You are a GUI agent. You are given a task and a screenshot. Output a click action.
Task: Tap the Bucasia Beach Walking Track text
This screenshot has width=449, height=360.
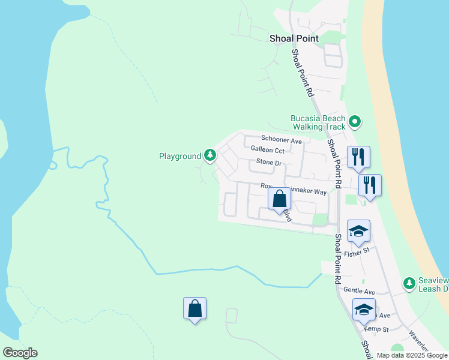point(318,122)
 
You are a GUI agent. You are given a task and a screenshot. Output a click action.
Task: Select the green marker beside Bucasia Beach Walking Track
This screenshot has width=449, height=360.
point(354,122)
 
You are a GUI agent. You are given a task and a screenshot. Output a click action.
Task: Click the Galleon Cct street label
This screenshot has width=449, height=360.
point(267,150)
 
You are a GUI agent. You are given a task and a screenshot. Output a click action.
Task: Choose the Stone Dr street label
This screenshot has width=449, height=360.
point(268,162)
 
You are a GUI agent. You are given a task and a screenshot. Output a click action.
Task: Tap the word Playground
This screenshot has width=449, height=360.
point(179,156)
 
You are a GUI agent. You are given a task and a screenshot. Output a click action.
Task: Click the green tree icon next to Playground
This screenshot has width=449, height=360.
point(209,156)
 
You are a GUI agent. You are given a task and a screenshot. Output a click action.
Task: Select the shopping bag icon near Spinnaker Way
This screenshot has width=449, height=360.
point(279,198)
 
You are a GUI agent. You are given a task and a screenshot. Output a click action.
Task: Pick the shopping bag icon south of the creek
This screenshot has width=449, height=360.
point(194,308)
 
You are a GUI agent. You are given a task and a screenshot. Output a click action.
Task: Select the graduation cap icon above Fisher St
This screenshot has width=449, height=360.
point(358,231)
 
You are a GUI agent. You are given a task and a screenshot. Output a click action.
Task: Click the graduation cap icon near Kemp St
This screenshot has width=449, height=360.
point(364,310)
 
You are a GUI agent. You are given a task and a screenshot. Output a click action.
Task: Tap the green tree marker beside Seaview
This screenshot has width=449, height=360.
point(409,283)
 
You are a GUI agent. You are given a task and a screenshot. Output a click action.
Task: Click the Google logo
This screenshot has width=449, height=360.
point(20,353)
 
